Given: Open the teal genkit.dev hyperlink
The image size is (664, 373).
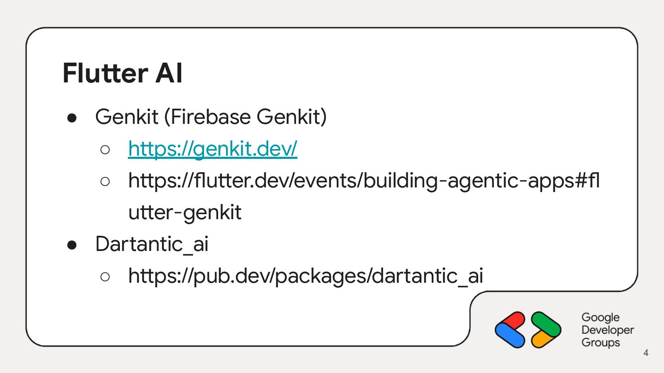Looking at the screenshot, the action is [213, 149].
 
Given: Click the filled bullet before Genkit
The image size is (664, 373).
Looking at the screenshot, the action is [72, 118].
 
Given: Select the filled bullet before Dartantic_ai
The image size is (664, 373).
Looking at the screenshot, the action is [72, 245].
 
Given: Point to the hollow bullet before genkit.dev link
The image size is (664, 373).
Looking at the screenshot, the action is [105, 150].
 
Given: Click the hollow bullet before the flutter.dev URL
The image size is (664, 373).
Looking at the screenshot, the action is [105, 181].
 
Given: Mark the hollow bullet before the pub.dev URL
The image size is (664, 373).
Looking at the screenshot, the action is [105, 276].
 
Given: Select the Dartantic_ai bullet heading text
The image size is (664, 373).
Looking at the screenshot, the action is [152, 244].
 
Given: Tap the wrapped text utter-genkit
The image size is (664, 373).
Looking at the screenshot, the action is [185, 212].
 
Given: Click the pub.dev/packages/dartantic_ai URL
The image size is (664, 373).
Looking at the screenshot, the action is [306, 276].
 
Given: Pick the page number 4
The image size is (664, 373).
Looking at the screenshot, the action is [646, 353].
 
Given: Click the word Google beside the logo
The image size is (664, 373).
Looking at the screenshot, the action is [600, 317].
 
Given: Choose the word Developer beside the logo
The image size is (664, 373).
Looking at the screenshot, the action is [608, 330].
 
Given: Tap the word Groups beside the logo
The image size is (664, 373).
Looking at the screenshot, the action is [600, 343].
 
